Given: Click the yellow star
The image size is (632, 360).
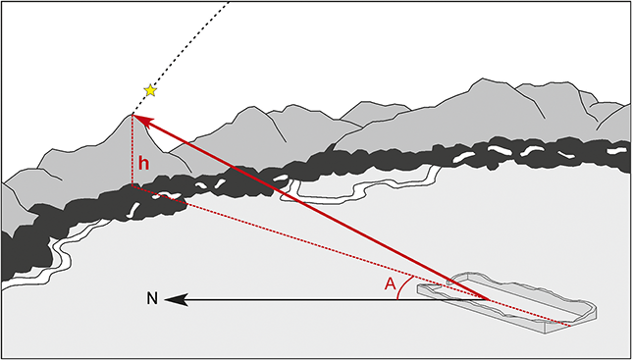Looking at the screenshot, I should [150, 90].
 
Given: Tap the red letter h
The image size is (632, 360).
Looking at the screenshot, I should [143, 163].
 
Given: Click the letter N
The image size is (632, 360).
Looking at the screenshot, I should [152, 298].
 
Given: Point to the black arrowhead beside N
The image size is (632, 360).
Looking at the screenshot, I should [174, 298].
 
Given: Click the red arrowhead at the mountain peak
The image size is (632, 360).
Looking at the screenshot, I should [140, 120].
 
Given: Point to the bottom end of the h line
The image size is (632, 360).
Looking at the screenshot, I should [132, 184].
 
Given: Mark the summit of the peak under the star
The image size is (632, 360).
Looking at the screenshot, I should [132, 115].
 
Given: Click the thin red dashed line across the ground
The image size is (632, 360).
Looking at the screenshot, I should [294, 235].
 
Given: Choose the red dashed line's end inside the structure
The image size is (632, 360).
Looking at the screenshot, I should [568, 321].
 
